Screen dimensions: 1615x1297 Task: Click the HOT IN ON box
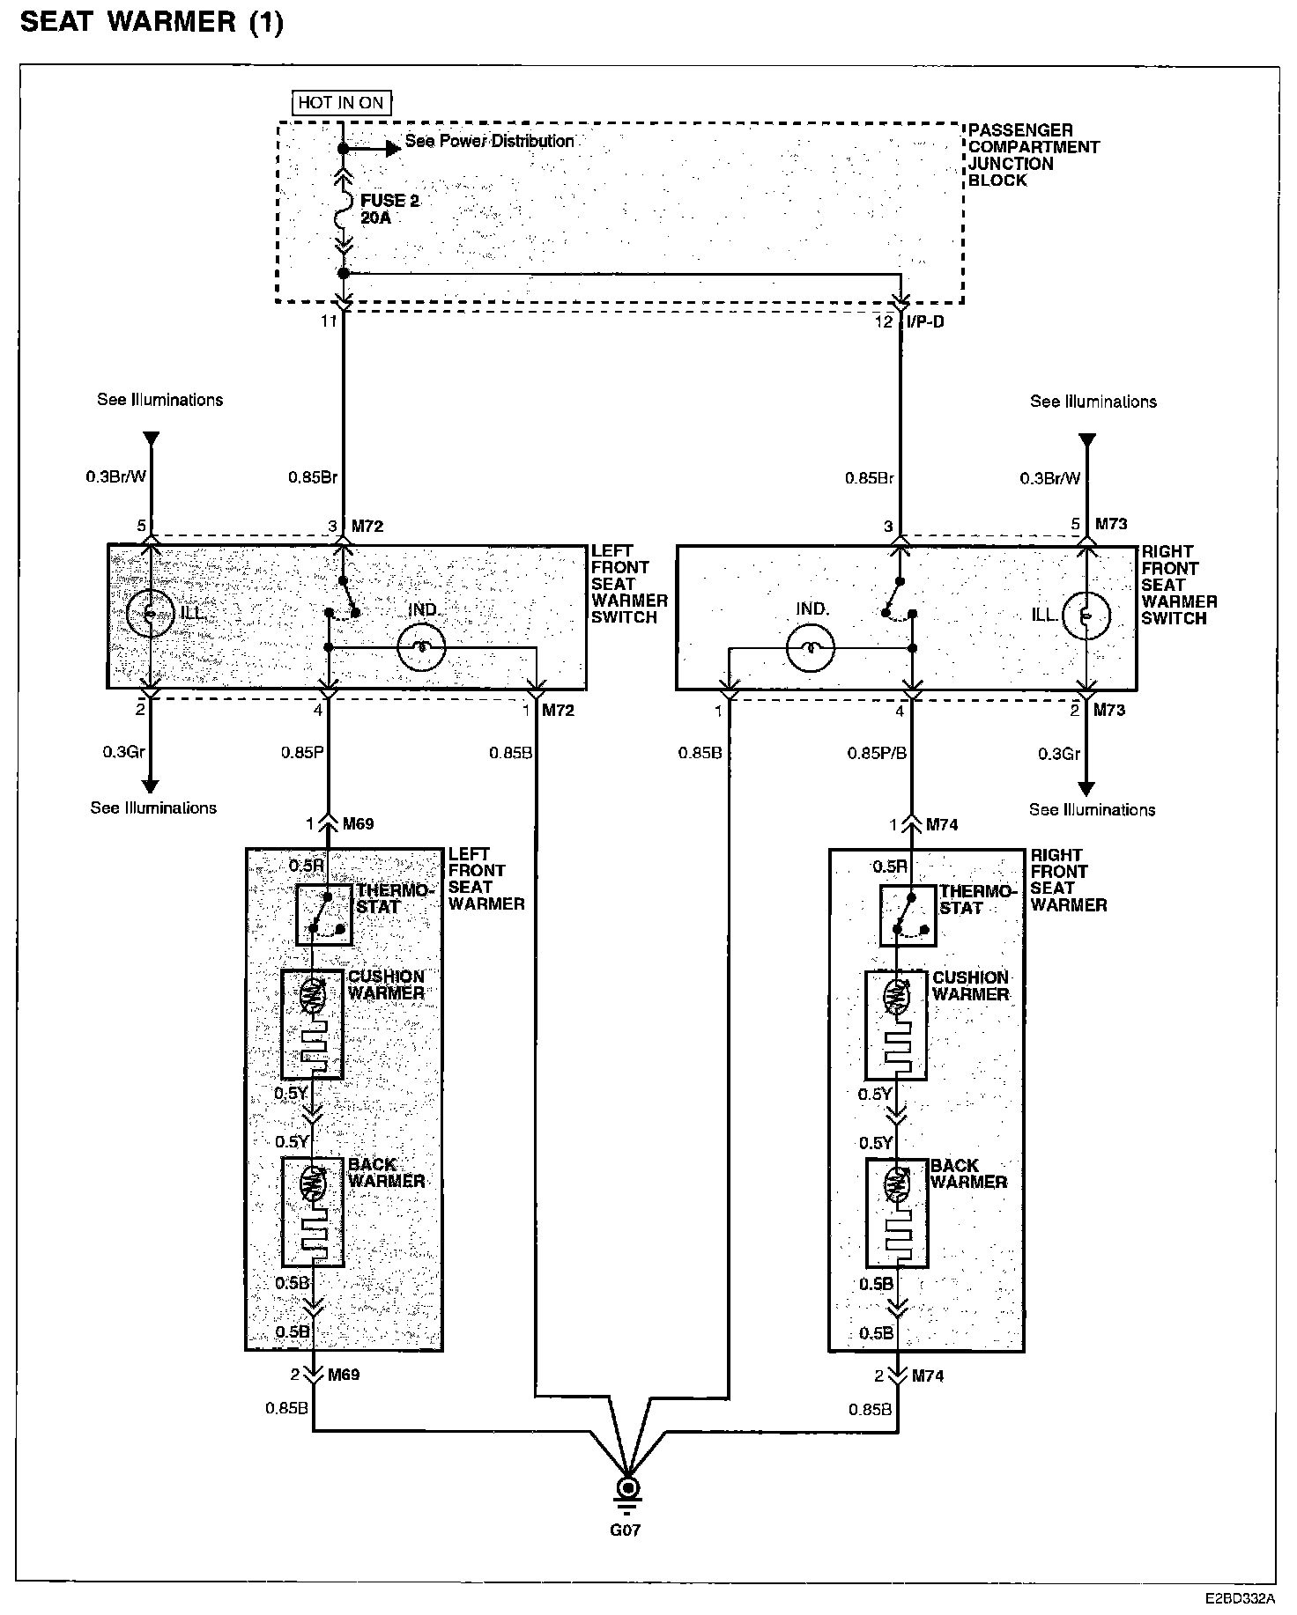[341, 102]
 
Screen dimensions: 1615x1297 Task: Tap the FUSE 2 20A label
[389, 209]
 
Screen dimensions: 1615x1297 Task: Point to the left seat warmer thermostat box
[323, 915]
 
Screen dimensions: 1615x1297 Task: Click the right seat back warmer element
[897, 1213]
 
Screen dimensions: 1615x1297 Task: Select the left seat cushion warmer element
[312, 1024]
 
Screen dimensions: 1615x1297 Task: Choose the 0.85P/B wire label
[877, 753]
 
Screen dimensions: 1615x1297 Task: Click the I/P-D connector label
[925, 322]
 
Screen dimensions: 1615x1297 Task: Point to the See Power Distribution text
[489, 141]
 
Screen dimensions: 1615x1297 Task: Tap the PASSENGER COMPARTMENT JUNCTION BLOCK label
[1033, 155]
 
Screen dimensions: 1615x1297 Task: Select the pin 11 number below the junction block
[329, 321]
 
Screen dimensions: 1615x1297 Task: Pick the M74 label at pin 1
[941, 825]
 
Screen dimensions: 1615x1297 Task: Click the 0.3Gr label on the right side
[1058, 754]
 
